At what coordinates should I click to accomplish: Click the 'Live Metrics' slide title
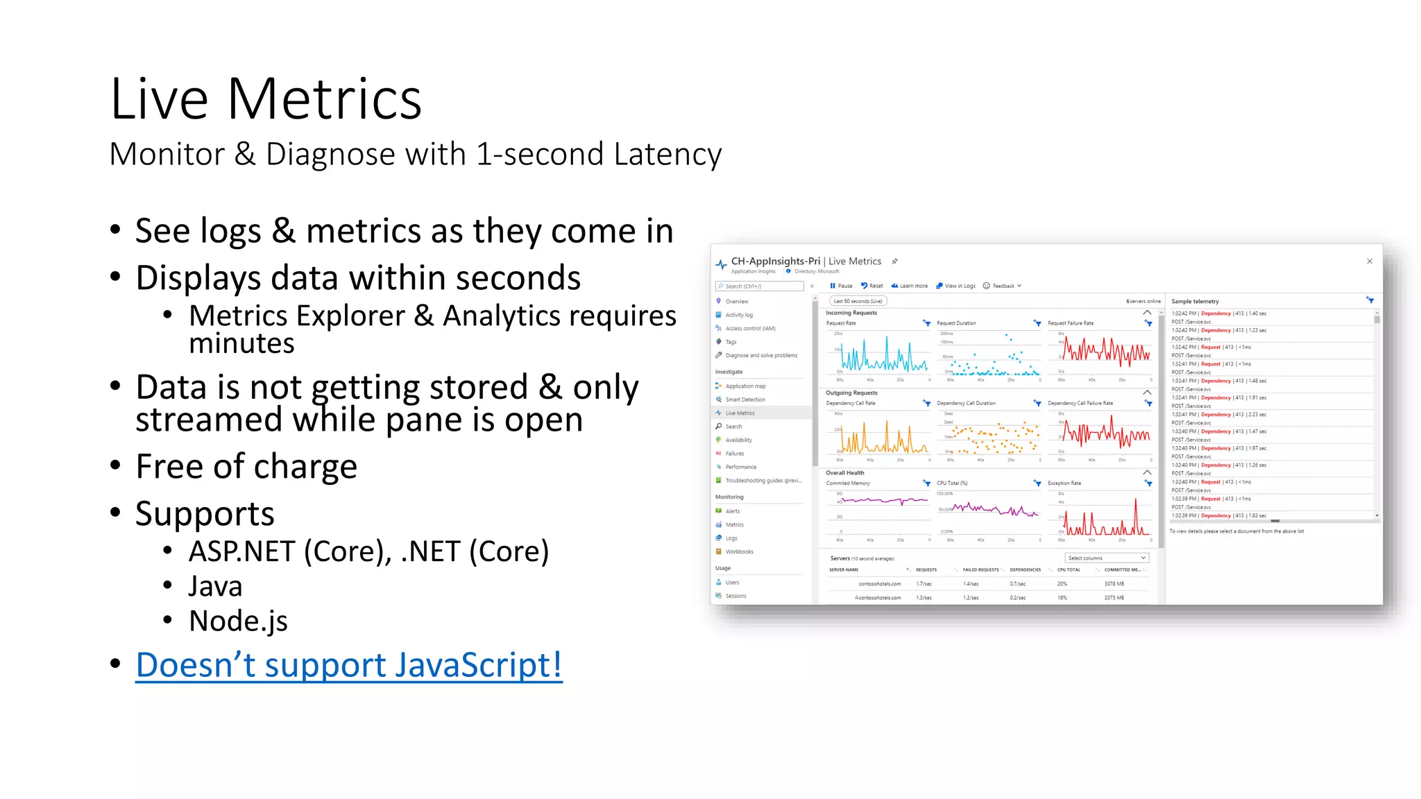click(x=266, y=99)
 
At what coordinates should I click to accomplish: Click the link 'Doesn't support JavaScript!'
click(x=348, y=664)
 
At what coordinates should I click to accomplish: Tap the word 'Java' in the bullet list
click(x=215, y=586)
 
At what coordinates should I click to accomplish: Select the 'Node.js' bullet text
click(x=238, y=621)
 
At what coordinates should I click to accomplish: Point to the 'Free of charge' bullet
click(x=246, y=466)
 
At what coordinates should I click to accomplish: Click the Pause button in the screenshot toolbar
click(x=841, y=286)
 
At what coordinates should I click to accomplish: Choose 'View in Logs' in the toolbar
click(x=956, y=286)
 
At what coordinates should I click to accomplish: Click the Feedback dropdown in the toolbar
click(x=1003, y=286)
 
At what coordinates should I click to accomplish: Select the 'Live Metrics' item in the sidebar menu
click(x=740, y=413)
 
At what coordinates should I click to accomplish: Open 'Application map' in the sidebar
click(x=745, y=386)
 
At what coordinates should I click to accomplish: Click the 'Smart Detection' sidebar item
click(x=745, y=399)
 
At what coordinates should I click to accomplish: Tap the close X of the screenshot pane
click(x=1370, y=261)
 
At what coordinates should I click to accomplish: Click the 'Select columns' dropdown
click(x=1107, y=558)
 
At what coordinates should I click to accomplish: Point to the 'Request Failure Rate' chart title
click(x=1071, y=323)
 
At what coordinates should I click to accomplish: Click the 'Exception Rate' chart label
click(x=1064, y=483)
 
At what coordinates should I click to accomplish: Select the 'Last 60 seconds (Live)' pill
click(x=858, y=301)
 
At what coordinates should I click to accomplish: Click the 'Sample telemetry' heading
click(x=1195, y=302)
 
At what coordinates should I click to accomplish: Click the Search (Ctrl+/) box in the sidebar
click(x=760, y=286)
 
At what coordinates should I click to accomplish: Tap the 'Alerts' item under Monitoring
click(x=732, y=511)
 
